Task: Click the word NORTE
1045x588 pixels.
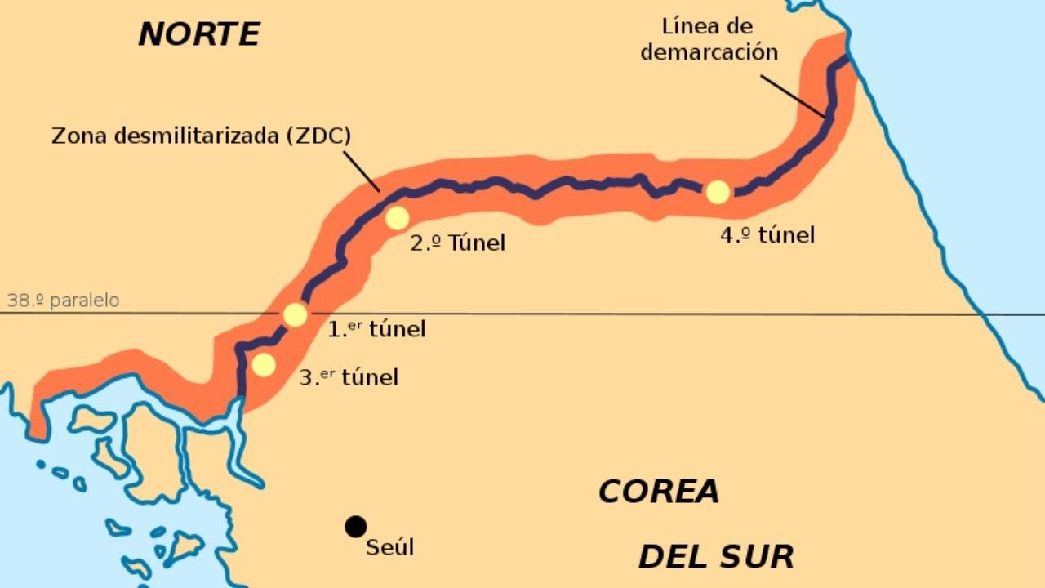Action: point(198,34)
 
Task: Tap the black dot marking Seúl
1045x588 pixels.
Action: point(355,527)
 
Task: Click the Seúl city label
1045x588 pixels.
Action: point(390,546)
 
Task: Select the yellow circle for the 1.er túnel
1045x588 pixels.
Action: point(295,314)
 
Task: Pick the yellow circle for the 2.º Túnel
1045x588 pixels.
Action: point(397,218)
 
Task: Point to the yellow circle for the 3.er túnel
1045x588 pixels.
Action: point(263,365)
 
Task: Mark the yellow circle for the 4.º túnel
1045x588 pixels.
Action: point(718,192)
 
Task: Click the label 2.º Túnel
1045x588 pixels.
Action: point(457,243)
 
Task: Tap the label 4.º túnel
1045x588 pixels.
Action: point(767,235)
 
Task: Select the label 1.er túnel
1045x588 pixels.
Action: point(376,329)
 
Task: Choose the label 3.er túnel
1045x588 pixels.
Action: point(349,377)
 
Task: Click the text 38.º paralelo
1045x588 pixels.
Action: point(63,301)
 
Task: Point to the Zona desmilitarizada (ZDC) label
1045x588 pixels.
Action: point(201,136)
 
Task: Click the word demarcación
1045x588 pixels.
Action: point(709,53)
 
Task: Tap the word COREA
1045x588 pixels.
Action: point(659,492)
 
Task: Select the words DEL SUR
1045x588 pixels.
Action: point(716,556)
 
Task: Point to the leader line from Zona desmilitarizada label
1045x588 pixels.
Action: point(360,170)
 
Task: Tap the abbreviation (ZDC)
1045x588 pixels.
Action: point(318,136)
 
